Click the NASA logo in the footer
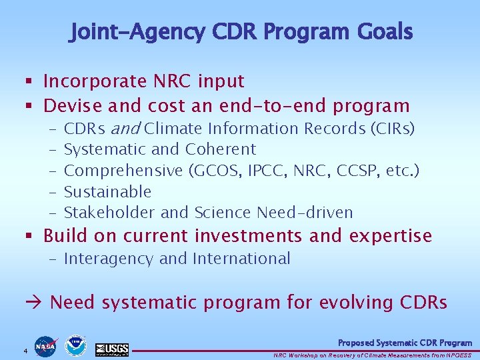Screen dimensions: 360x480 [45, 346]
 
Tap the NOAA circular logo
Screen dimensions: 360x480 [76, 345]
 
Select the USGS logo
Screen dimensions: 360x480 [111, 349]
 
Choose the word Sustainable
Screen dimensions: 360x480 [107, 192]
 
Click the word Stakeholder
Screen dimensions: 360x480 [109, 213]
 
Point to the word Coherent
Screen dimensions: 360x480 [221, 149]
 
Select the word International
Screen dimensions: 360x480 [243, 259]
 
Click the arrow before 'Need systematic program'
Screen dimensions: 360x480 [35, 303]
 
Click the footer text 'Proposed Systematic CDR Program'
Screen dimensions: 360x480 [405, 343]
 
